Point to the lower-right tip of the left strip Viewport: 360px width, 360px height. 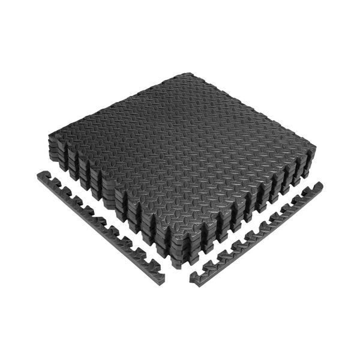[x=161, y=279]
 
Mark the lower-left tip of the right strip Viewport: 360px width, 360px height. [x=193, y=278]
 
